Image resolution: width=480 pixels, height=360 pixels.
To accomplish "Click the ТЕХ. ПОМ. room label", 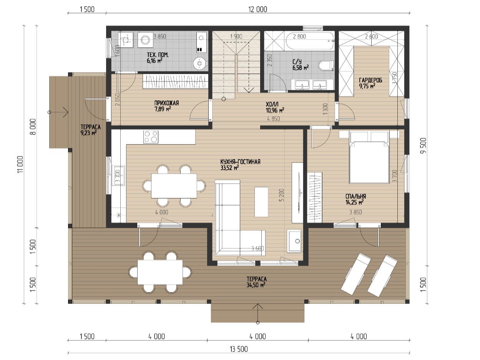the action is point(158,55).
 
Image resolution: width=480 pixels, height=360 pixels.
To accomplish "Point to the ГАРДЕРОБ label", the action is point(370,80).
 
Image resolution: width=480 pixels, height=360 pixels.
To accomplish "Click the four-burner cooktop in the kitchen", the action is point(151,137).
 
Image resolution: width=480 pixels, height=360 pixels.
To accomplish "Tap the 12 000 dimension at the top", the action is point(257,9).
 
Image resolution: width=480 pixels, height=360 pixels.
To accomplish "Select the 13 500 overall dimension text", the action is point(239,349).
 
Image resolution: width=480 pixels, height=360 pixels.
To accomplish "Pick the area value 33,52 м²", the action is point(229,168).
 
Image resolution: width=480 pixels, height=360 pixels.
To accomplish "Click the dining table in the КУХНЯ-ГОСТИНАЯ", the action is point(174,186).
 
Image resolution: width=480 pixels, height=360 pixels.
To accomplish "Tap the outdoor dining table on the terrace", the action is point(160,272).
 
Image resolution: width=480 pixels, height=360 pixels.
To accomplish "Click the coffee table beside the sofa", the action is point(261,202).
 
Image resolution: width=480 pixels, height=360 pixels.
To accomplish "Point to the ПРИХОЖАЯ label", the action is point(167,103).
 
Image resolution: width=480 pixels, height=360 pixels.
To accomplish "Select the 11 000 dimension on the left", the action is point(20,164).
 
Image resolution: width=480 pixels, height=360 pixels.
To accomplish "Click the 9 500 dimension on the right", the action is point(424,146).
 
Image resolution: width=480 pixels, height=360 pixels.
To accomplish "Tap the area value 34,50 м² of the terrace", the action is point(256,285).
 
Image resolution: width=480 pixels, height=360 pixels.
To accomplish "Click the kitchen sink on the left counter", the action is point(118,176).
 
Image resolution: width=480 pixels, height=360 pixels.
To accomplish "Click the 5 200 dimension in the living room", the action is point(281,195).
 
